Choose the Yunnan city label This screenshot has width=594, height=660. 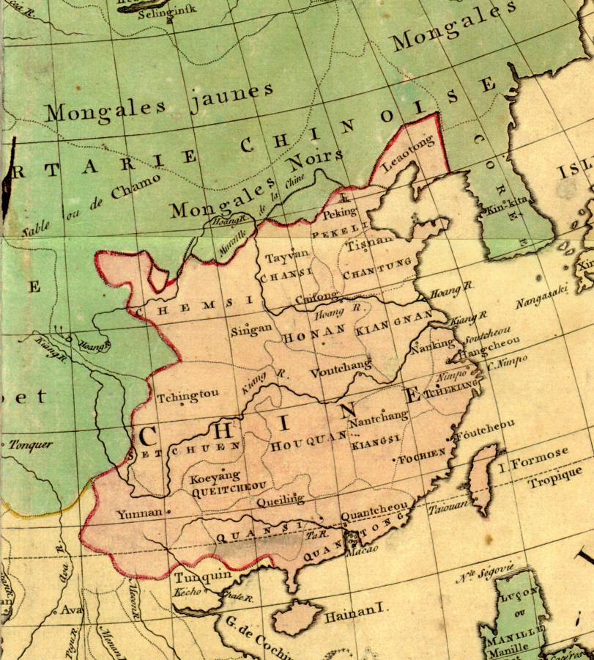tap(139, 513)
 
